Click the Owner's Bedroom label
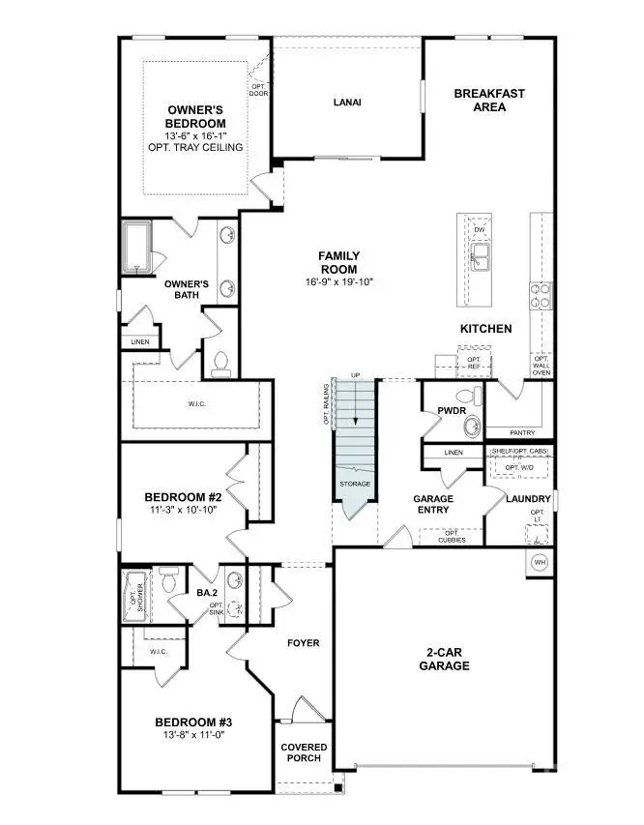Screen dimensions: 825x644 [x=196, y=117]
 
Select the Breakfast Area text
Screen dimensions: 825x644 [x=489, y=100]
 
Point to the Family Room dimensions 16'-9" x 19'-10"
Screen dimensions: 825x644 [x=338, y=282]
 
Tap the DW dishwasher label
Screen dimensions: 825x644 [x=479, y=229]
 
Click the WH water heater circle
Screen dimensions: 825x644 [x=540, y=562]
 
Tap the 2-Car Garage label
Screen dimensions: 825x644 [x=446, y=659]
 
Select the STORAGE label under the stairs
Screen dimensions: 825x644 [x=354, y=484]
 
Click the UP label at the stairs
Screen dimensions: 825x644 [x=355, y=375]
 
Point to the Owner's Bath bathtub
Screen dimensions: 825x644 [x=134, y=245]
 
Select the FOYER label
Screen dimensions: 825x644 [x=303, y=643]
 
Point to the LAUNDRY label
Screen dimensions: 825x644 [x=529, y=499]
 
